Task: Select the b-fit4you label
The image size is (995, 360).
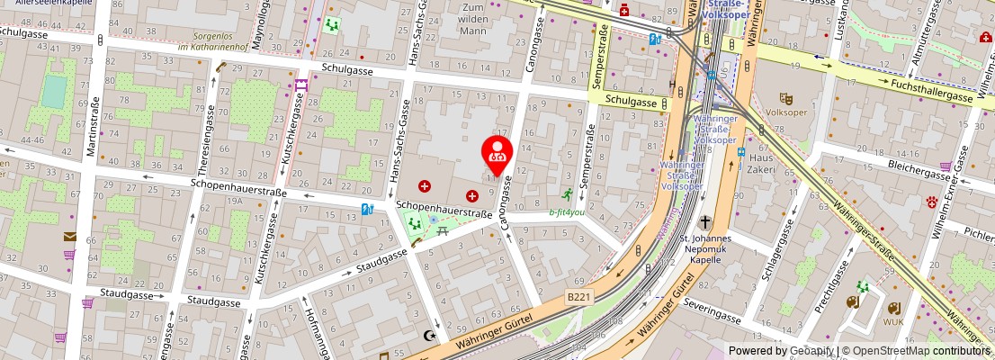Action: [x=567, y=213]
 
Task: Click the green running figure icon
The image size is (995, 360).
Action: [x=567, y=194]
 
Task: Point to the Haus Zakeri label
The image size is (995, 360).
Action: [x=760, y=164]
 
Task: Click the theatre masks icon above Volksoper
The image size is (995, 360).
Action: [x=785, y=99]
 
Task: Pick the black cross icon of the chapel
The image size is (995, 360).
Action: [x=706, y=222]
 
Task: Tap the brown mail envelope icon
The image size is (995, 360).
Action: [x=70, y=237]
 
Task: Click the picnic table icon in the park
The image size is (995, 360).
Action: [x=444, y=231]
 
